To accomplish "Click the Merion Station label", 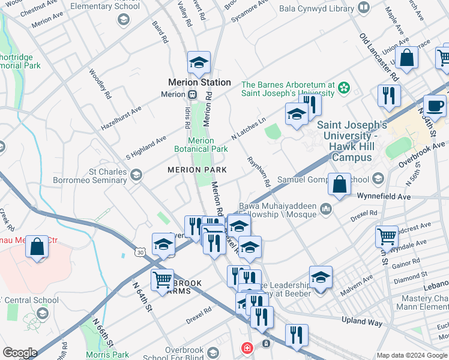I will click(199, 82).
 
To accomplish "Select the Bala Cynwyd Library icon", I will click(363, 8).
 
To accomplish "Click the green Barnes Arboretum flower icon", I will click(343, 89).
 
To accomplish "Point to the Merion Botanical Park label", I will click(201, 145).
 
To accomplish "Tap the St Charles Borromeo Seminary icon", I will click(136, 175).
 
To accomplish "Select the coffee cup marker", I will click(435, 106).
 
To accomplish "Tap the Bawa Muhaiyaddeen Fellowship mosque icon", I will click(326, 209).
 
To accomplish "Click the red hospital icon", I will click(246, 347).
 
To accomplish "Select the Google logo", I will click(20, 352).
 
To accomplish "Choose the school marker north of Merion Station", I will click(199, 62).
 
